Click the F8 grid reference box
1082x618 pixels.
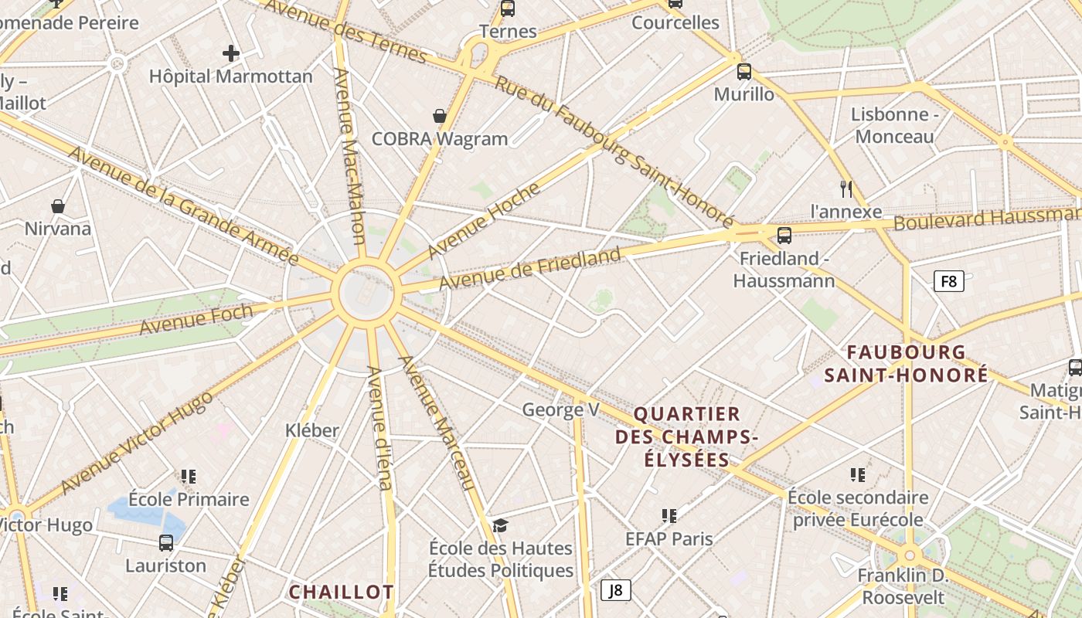tap(948, 281)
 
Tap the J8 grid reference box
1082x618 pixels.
tap(615, 591)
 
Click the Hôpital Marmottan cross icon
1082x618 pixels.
tap(230, 53)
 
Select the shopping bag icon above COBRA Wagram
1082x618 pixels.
tap(440, 116)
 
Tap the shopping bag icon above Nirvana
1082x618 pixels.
tap(57, 205)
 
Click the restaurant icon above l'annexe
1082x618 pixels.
tap(846, 188)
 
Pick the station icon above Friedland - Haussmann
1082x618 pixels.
tap(784, 235)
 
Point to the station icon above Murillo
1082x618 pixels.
tap(743, 72)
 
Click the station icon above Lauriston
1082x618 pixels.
tap(166, 542)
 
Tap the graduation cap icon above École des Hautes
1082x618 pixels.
tap(501, 525)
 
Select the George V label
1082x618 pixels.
tap(560, 409)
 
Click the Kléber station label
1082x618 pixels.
tap(312, 430)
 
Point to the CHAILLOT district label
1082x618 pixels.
tap(341, 593)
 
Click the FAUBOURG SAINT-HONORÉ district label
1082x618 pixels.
tap(906, 363)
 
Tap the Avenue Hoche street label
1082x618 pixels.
tap(483, 221)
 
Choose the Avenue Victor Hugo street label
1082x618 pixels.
tap(136, 443)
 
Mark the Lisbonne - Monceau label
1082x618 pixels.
tap(894, 125)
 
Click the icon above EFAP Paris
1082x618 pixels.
tap(669, 515)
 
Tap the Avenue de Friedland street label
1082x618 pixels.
tap(529, 269)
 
